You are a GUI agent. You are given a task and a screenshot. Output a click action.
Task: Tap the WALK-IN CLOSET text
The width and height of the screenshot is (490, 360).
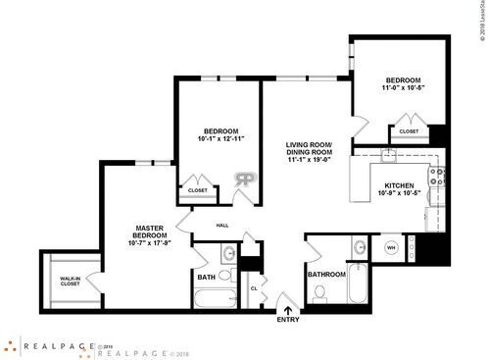pos(71,282)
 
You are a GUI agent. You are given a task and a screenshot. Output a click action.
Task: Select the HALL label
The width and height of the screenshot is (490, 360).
pos(221,226)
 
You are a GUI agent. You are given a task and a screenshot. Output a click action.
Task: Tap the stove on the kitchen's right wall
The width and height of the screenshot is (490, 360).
pos(437,178)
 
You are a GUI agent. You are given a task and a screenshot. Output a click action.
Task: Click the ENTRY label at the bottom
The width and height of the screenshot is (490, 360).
pos(288,320)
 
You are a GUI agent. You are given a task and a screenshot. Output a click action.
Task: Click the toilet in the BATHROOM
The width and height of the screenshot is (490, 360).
pos(318,297)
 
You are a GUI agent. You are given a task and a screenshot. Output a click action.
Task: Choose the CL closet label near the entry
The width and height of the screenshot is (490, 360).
pos(253,288)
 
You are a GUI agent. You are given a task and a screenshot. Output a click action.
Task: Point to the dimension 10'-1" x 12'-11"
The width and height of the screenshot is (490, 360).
pos(223,138)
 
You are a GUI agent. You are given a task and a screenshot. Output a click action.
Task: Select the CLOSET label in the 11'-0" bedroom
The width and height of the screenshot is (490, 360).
pos(409,130)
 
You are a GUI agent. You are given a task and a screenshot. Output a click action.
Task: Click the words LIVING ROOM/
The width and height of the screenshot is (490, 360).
pos(309,144)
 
